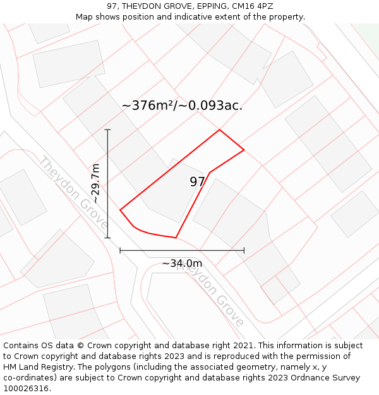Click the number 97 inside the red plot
197,182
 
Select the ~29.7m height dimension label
95,183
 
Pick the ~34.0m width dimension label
182,263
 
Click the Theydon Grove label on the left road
73,193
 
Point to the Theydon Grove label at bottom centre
210,293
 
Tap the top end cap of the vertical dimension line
107,130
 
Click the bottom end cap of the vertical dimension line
107,238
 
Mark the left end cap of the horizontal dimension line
120,251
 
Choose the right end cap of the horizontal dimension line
244,251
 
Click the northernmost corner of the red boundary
219,130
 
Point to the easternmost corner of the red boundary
244,150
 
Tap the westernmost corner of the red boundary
120,210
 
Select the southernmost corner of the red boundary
176,238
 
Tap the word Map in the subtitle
85,17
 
